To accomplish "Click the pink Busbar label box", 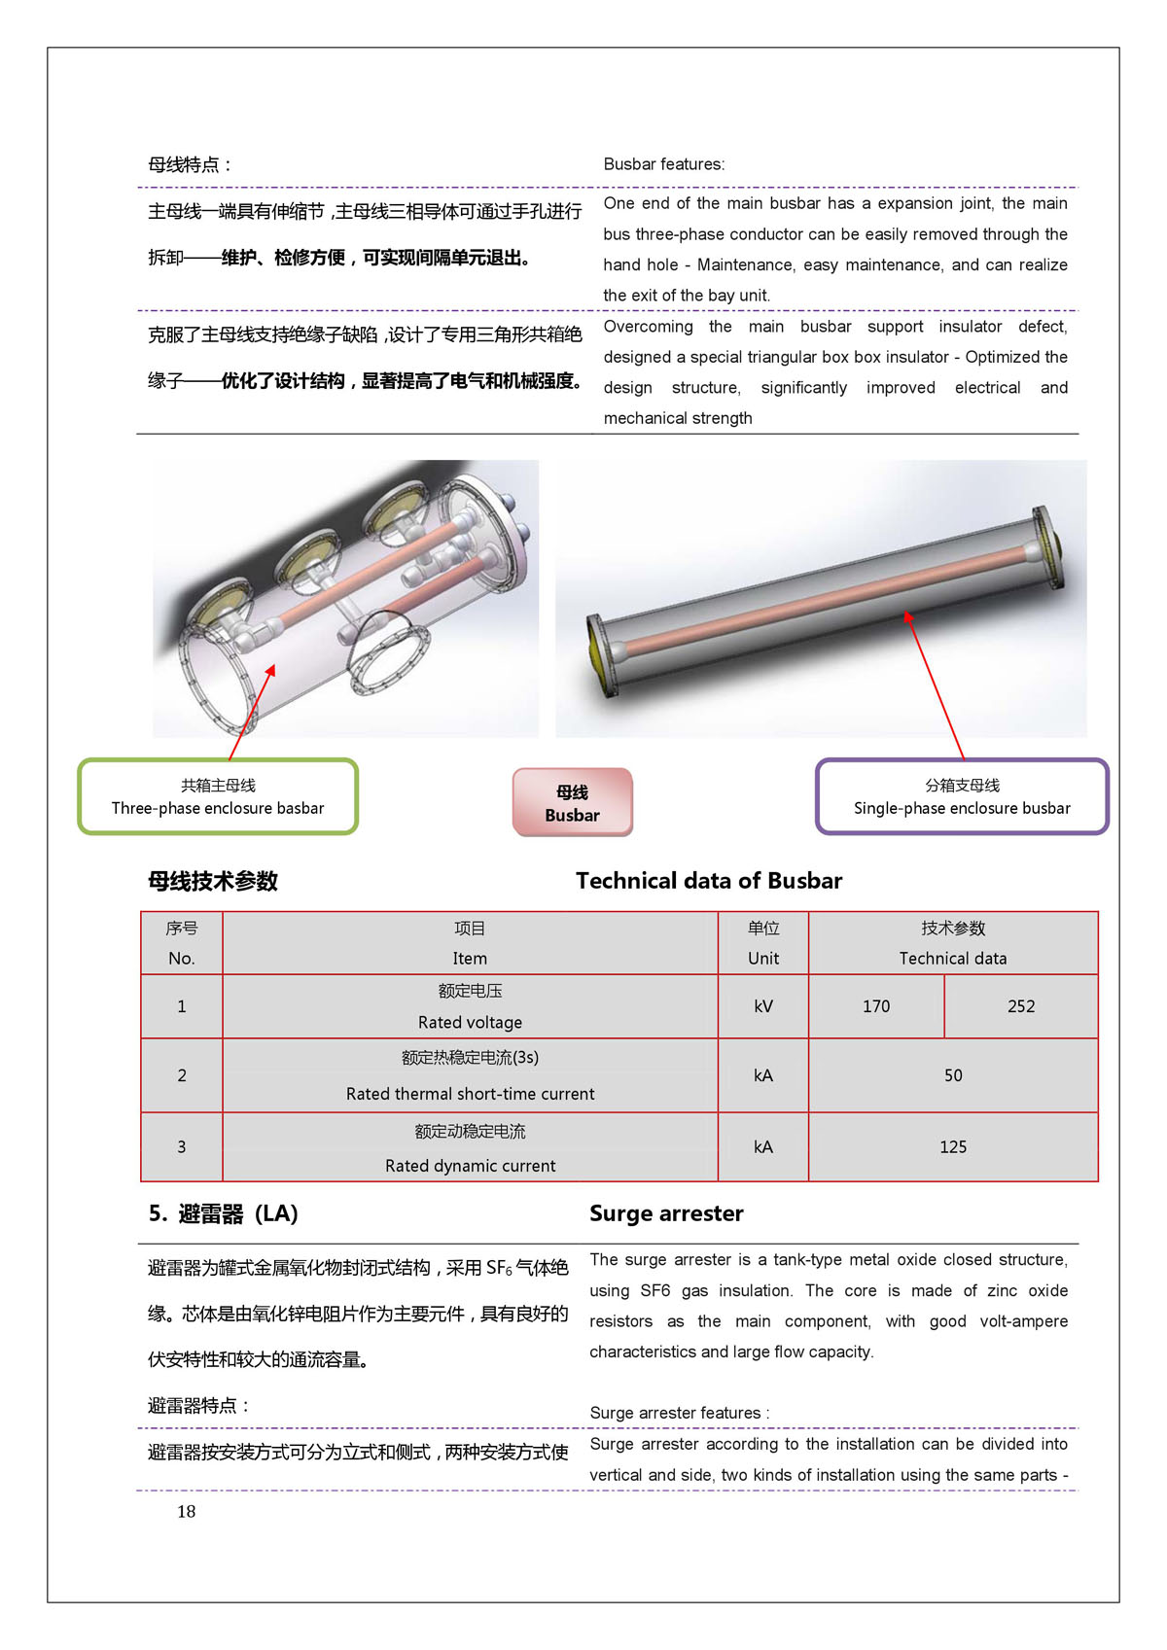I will tap(572, 803).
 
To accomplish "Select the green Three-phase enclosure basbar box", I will tap(218, 796).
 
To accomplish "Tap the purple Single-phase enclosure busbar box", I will tap(961, 796).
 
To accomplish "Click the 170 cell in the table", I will tap(875, 1006).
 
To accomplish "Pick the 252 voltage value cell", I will tap(1020, 1006).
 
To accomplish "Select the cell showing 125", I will tap(952, 1147).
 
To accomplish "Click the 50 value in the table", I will tap(952, 1075).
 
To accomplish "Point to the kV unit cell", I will tap(763, 1006).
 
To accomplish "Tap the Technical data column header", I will tap(952, 943).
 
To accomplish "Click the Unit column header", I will tap(763, 943).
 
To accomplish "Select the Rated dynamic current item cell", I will tap(470, 1148).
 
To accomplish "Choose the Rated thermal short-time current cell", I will tap(470, 1075).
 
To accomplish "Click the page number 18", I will tap(186, 1511).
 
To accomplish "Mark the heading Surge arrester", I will tap(666, 1213).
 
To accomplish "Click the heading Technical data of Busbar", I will tap(709, 881).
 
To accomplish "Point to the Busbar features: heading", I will tap(663, 164).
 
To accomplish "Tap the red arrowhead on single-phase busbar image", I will tap(907, 615).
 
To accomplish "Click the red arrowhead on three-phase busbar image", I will tap(271, 670).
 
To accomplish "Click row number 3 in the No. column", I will tap(182, 1147).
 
